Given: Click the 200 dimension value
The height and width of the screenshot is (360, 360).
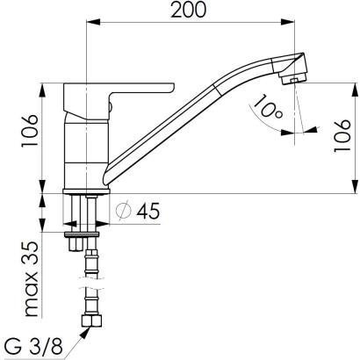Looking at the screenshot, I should (x=191, y=11).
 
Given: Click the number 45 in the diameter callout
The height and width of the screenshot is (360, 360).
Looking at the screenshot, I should (x=148, y=211).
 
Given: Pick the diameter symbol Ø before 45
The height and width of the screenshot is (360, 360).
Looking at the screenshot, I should (x=125, y=211).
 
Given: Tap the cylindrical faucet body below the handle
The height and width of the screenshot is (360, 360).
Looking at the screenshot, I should (x=85, y=149).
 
